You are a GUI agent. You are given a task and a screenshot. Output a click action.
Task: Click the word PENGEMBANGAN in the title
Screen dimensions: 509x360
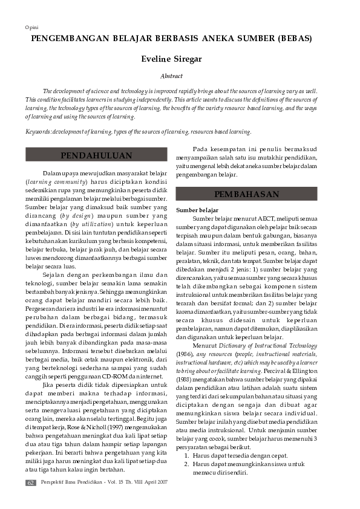[x=66, y=39]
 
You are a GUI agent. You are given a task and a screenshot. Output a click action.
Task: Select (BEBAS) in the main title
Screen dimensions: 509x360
[x=295, y=39]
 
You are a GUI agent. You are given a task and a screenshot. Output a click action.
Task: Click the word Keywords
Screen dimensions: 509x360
[x=38, y=131]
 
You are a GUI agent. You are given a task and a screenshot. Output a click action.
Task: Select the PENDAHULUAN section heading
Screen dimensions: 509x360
[x=96, y=155]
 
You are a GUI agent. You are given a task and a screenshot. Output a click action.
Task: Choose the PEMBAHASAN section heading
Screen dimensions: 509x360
[x=246, y=194]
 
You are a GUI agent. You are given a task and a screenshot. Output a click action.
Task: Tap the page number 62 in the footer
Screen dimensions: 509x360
[x=30, y=482]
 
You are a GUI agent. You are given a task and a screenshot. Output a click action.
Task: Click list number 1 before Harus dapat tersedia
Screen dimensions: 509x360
[x=188, y=455]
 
